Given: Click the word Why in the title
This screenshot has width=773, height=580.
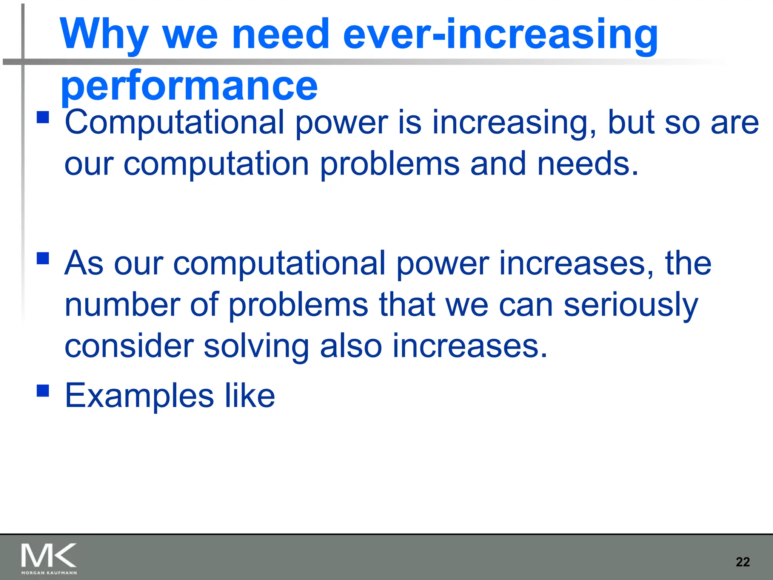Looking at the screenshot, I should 104,35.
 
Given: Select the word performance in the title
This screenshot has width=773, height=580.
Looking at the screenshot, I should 189,86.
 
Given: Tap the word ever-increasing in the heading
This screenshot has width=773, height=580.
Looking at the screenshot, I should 500,35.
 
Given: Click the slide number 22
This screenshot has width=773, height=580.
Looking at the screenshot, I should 742,562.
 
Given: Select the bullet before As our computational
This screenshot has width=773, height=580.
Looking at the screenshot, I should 43,258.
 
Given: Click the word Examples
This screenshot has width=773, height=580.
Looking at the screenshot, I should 139,396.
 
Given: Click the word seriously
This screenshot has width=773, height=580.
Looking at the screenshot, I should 631,305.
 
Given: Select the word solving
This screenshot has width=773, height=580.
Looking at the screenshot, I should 256,347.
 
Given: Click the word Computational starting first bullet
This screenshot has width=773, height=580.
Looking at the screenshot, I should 174,122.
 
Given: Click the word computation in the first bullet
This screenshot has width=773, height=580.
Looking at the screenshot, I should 216,165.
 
